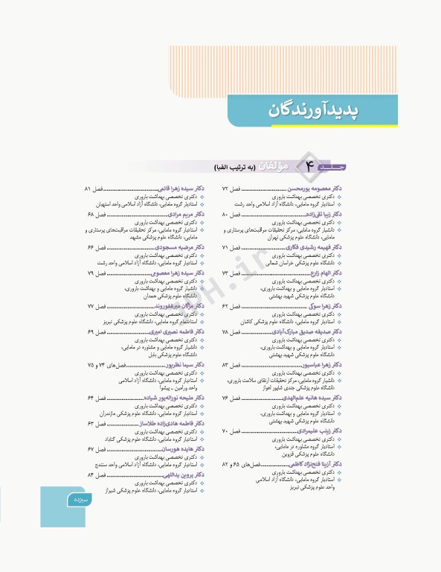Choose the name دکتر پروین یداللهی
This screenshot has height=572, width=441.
point(181,474)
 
